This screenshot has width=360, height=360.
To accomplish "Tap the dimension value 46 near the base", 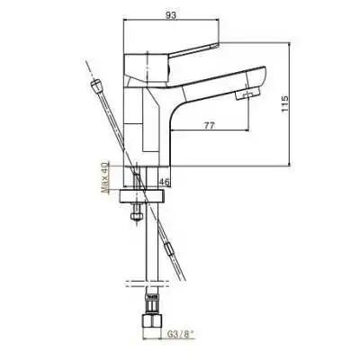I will click(x=165, y=183).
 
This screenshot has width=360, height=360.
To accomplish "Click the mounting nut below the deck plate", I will click(x=135, y=216).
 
